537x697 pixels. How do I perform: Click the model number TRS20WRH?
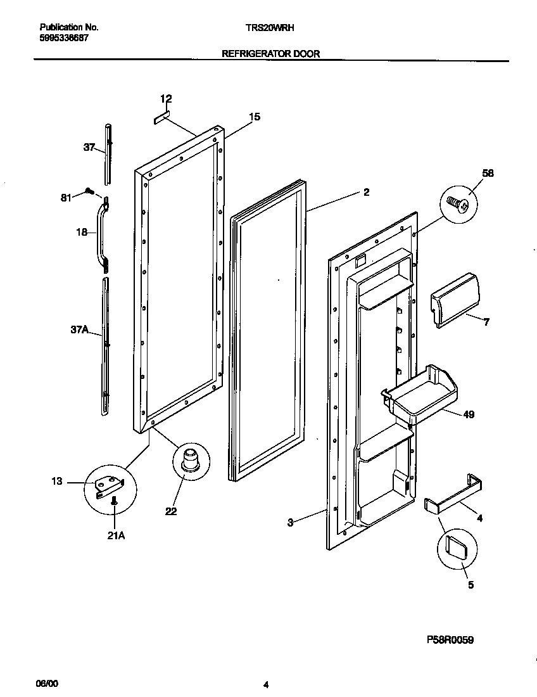269,28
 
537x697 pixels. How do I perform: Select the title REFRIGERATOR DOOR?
270,54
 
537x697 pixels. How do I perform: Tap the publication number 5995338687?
64,38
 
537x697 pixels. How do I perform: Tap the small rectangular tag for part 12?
161,118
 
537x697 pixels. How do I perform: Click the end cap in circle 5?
456,546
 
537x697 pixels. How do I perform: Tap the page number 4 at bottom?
266,684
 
